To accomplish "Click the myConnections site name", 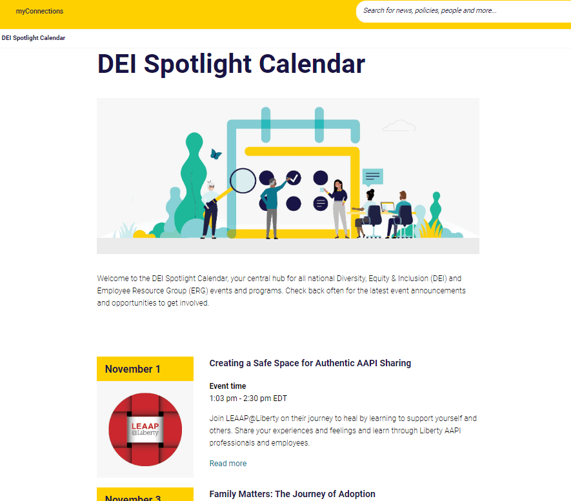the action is [x=39, y=11].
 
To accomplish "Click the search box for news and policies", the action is [x=463, y=11].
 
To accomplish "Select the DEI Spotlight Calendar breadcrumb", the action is [x=34, y=38].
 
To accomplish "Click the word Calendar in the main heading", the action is [x=312, y=64].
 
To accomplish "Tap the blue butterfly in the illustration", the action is [x=215, y=154].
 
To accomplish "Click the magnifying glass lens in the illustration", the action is [x=243, y=181].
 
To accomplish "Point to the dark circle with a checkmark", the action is [x=294, y=178].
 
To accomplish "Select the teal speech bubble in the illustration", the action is [x=372, y=177].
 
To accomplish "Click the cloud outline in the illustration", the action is [x=399, y=126].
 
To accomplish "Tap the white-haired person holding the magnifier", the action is [x=210, y=210].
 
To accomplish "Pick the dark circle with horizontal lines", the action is [x=321, y=204].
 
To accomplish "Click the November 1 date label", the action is [x=132, y=369].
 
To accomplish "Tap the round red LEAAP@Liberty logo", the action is [x=145, y=429].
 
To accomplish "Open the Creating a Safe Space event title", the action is [x=310, y=363].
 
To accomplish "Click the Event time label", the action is [x=228, y=386].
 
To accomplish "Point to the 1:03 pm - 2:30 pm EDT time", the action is [x=248, y=398].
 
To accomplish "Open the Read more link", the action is [x=228, y=464].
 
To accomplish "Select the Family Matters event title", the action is [x=292, y=494].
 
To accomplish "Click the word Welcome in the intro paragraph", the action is [x=112, y=279].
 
